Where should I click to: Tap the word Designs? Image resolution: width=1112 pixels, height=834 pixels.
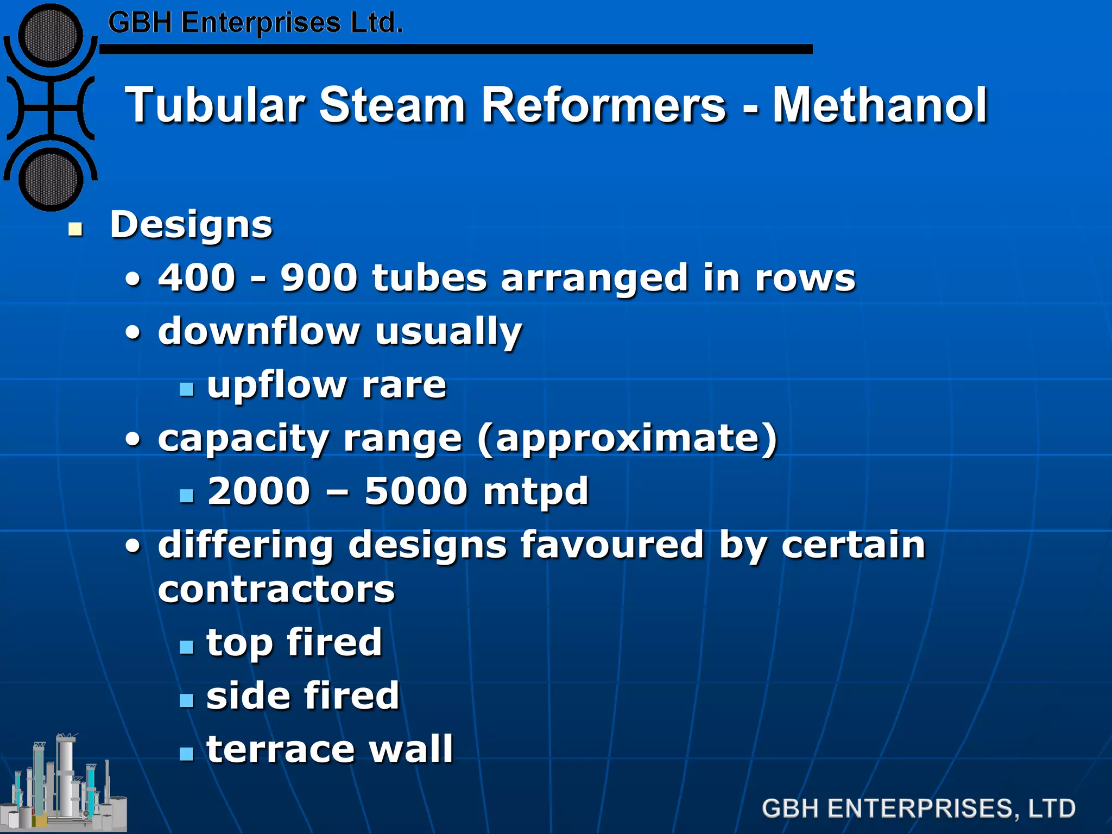[191, 225]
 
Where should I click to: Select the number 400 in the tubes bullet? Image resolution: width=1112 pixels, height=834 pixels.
[197, 278]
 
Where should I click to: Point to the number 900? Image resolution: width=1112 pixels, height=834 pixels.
[319, 278]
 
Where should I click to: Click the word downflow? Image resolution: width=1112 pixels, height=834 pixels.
[259, 331]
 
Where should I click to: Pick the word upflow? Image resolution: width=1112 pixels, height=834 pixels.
[277, 385]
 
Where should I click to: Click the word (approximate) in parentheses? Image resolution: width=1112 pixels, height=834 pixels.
[628, 439]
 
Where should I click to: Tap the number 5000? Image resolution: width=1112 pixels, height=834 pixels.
[416, 491]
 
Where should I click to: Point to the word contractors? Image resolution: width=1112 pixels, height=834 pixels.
[276, 590]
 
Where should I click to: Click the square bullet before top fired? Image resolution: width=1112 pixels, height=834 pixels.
[187, 647]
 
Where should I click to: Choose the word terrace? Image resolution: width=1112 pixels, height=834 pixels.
[280, 749]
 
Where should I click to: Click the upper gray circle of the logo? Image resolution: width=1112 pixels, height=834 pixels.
[50, 36]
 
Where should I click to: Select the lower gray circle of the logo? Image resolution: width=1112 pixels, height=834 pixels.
[50, 180]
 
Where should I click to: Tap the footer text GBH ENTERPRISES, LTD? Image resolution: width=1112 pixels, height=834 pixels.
[918, 808]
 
